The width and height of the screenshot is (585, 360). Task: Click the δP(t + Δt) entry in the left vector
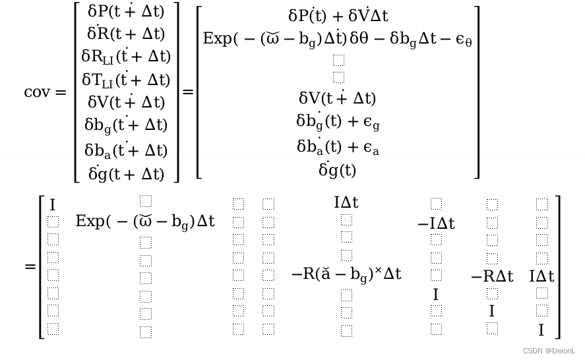pyautogui.click(x=126, y=11)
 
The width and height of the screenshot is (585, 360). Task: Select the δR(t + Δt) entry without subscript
pyautogui.click(x=126, y=34)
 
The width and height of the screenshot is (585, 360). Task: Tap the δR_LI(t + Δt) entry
pyautogui.click(x=126, y=57)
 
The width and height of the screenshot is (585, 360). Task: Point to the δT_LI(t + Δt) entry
pyautogui.click(x=126, y=80)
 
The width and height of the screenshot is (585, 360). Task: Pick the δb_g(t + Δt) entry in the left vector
pyautogui.click(x=126, y=125)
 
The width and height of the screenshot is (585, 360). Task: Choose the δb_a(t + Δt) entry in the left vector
pyautogui.click(x=126, y=150)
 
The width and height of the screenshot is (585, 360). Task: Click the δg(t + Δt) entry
pyautogui.click(x=126, y=173)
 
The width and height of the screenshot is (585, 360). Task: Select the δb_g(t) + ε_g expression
pyautogui.click(x=338, y=122)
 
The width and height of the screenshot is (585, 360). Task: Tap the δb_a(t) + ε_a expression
pyautogui.click(x=338, y=147)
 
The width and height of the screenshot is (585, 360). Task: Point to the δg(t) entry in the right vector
pyautogui.click(x=338, y=170)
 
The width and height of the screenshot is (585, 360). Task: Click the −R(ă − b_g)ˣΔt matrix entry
pyautogui.click(x=346, y=274)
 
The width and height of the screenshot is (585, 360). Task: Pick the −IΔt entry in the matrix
pyautogui.click(x=436, y=224)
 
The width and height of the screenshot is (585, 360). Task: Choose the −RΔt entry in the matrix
pyautogui.click(x=492, y=277)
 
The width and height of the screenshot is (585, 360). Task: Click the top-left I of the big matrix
pyautogui.click(x=53, y=205)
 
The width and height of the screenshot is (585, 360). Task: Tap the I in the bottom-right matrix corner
pyautogui.click(x=541, y=330)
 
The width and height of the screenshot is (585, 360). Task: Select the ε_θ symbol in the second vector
pyautogui.click(x=464, y=41)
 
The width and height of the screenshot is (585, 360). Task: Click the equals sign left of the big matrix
pyautogui.click(x=30, y=266)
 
